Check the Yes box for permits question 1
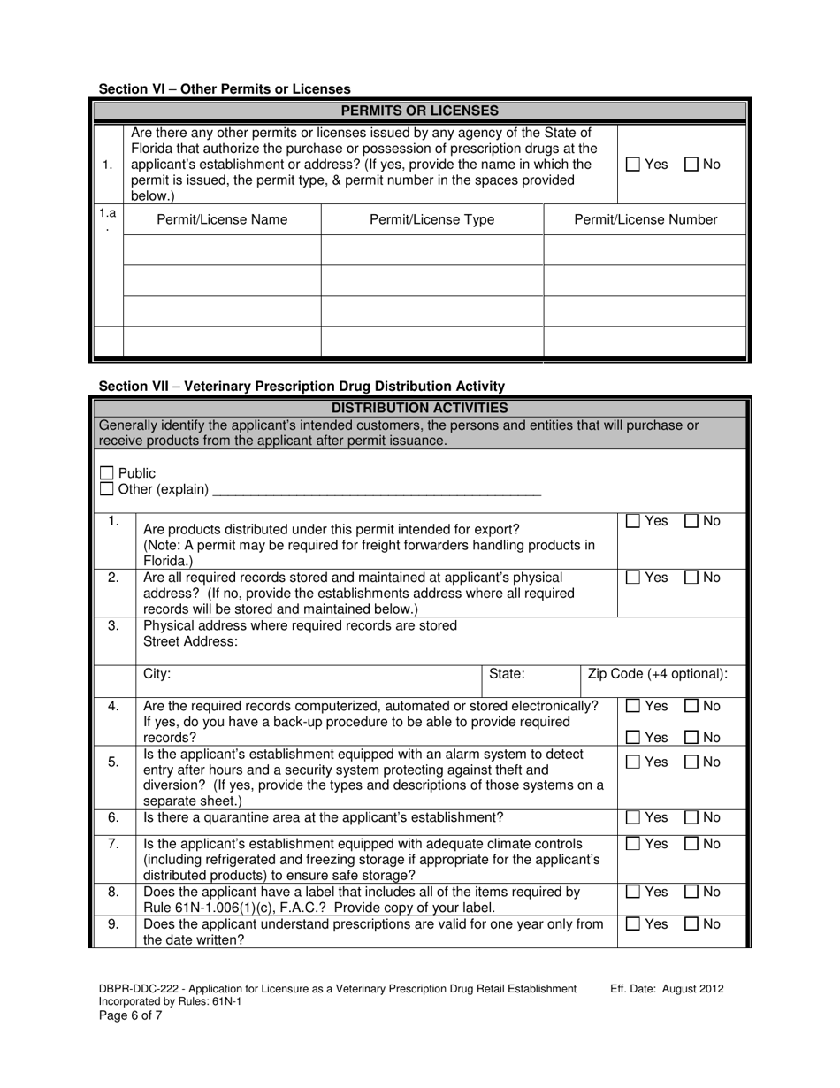pyautogui.click(x=632, y=164)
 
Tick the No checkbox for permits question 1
pyautogui.click(x=692, y=164)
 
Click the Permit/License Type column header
pyautogui.click(x=431, y=219)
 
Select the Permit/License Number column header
pyautogui.click(x=645, y=219)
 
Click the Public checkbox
pyautogui.click(x=107, y=473)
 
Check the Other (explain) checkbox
pyautogui.click(x=107, y=488)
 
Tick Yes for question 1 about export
pyautogui.click(x=632, y=522)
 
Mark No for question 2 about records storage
pyautogui.click(x=692, y=578)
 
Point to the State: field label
pyautogui.click(x=507, y=674)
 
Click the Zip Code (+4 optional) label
pyautogui.click(x=658, y=674)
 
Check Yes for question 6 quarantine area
pyautogui.click(x=632, y=818)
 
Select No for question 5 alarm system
pyautogui.click(x=692, y=762)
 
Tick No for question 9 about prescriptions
pyautogui.click(x=692, y=924)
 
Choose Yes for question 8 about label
pyautogui.click(x=632, y=893)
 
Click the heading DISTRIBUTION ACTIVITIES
pyautogui.click(x=419, y=408)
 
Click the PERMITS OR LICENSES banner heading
pyautogui.click(x=419, y=111)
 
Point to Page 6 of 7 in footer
pyautogui.click(x=130, y=1015)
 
